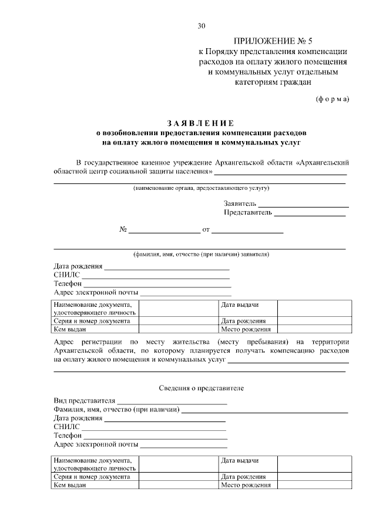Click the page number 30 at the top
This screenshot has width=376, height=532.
pos(202,26)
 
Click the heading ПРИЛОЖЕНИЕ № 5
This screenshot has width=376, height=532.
pos(274,41)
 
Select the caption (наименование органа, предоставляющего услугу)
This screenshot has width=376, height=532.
pos(200,188)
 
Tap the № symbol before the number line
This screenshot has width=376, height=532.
pos(123,230)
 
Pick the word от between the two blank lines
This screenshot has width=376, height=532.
pos(206,230)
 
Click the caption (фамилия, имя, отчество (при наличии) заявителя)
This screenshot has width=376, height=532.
pos(200,255)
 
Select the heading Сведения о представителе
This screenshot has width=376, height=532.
pos(200,389)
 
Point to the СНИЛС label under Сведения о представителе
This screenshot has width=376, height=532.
pos(66,427)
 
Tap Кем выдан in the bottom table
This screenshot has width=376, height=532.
pos(66,485)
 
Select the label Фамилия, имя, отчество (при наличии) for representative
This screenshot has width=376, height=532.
pos(116,409)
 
